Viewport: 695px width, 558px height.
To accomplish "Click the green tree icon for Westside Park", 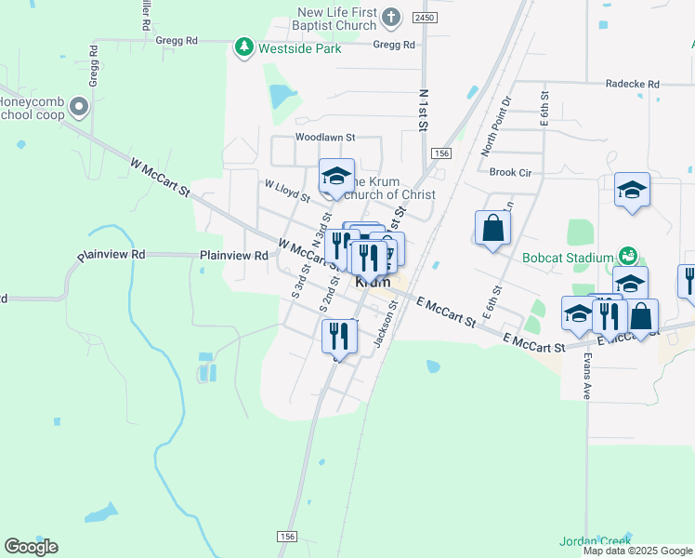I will (243, 46).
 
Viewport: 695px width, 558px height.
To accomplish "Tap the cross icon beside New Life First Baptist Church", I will (391, 18).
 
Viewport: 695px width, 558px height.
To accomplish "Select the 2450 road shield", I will (425, 18).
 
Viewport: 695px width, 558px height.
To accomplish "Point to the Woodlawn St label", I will (325, 137).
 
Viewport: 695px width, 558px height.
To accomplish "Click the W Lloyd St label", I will (287, 191).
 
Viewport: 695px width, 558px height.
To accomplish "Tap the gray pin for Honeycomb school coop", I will (79, 107).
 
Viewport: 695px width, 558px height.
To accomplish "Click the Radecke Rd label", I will (632, 83).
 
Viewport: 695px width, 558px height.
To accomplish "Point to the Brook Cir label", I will (510, 172).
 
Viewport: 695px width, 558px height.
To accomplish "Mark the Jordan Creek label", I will (595, 540).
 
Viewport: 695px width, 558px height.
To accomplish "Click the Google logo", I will (31, 547).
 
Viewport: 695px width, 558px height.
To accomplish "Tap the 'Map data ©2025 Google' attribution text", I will (637, 551).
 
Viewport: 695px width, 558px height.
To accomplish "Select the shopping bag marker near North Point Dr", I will (492, 228).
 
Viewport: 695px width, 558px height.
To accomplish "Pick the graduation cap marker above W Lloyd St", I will (336, 176).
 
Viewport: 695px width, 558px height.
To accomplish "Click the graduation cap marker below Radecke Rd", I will (632, 190).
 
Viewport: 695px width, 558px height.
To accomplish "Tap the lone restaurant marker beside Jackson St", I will (339, 335).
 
